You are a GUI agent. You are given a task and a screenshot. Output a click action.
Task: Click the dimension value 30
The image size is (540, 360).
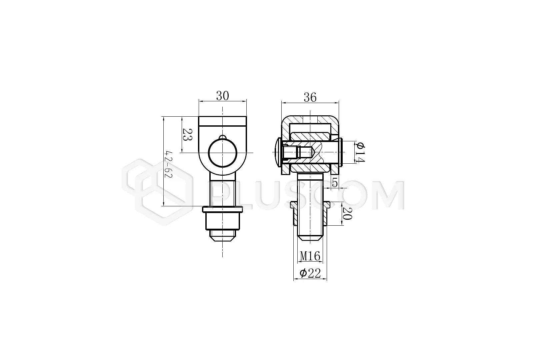pos(222,96)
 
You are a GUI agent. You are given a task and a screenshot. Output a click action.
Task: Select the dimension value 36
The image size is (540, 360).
pos(310,97)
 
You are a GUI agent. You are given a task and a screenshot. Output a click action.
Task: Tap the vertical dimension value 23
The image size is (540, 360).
pos(188,135)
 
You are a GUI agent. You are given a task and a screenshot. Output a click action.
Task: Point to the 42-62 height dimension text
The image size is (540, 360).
pos(169,164)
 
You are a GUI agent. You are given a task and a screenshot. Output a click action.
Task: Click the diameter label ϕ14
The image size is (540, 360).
pos(360,152)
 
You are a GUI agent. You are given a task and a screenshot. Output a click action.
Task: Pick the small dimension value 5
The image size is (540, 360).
pos(335,182)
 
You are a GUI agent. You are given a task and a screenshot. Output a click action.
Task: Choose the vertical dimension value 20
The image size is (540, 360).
pos(347,213)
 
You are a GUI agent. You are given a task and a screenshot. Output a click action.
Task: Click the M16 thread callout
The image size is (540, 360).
pos(310,256)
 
